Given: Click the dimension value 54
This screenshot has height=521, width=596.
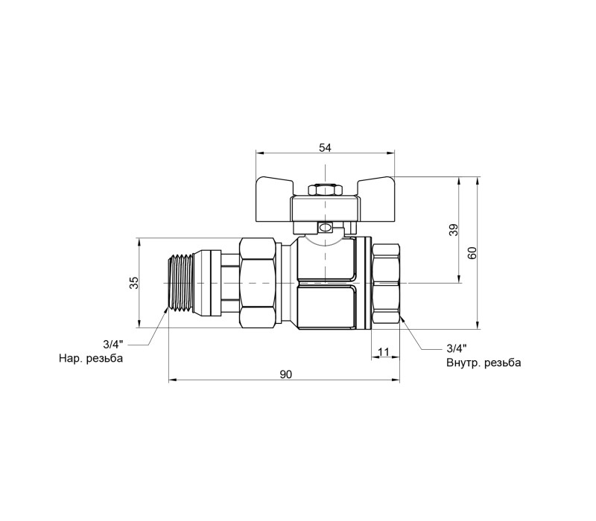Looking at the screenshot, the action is tap(325, 147).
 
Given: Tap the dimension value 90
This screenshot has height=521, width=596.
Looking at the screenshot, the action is tap(286, 374).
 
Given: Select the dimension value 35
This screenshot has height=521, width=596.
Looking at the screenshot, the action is tap(134, 283).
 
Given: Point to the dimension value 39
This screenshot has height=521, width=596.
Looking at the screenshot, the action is tap(454, 230).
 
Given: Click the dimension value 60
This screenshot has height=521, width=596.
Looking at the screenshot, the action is tap(472, 252).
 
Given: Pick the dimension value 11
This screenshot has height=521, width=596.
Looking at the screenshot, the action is tap(384, 352).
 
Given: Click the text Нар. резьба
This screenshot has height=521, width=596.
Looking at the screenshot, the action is tap(91, 359).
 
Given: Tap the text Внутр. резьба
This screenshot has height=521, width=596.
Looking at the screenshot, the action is tap(484, 362).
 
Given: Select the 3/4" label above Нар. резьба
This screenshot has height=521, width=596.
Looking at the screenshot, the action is tap(113, 345).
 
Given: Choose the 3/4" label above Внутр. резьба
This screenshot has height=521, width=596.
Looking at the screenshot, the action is tap(457, 348).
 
